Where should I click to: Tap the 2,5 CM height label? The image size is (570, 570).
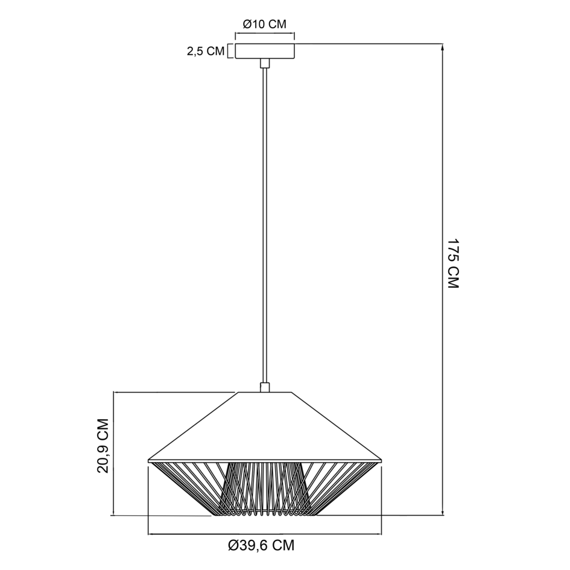click(x=205, y=52)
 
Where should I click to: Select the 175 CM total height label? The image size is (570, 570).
click(x=454, y=263)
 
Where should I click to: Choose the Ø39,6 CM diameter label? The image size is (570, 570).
click(x=261, y=546)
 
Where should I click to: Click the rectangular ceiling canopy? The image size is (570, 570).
click(x=264, y=51)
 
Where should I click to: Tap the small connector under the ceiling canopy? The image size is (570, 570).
click(x=264, y=64)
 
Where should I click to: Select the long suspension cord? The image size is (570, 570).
click(x=264, y=223)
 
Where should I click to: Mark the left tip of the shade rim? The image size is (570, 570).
click(x=149, y=461)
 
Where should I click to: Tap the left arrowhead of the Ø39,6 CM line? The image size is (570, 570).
click(x=151, y=534)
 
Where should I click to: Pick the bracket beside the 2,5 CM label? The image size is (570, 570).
click(x=229, y=52)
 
